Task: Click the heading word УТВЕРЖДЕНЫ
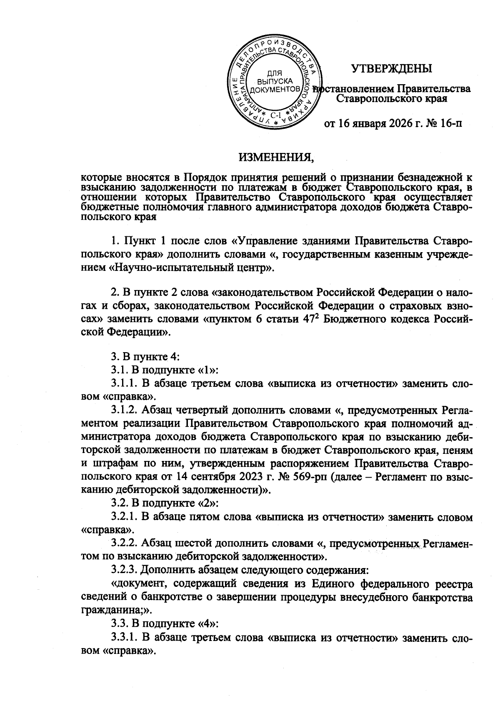tap(392, 68)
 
